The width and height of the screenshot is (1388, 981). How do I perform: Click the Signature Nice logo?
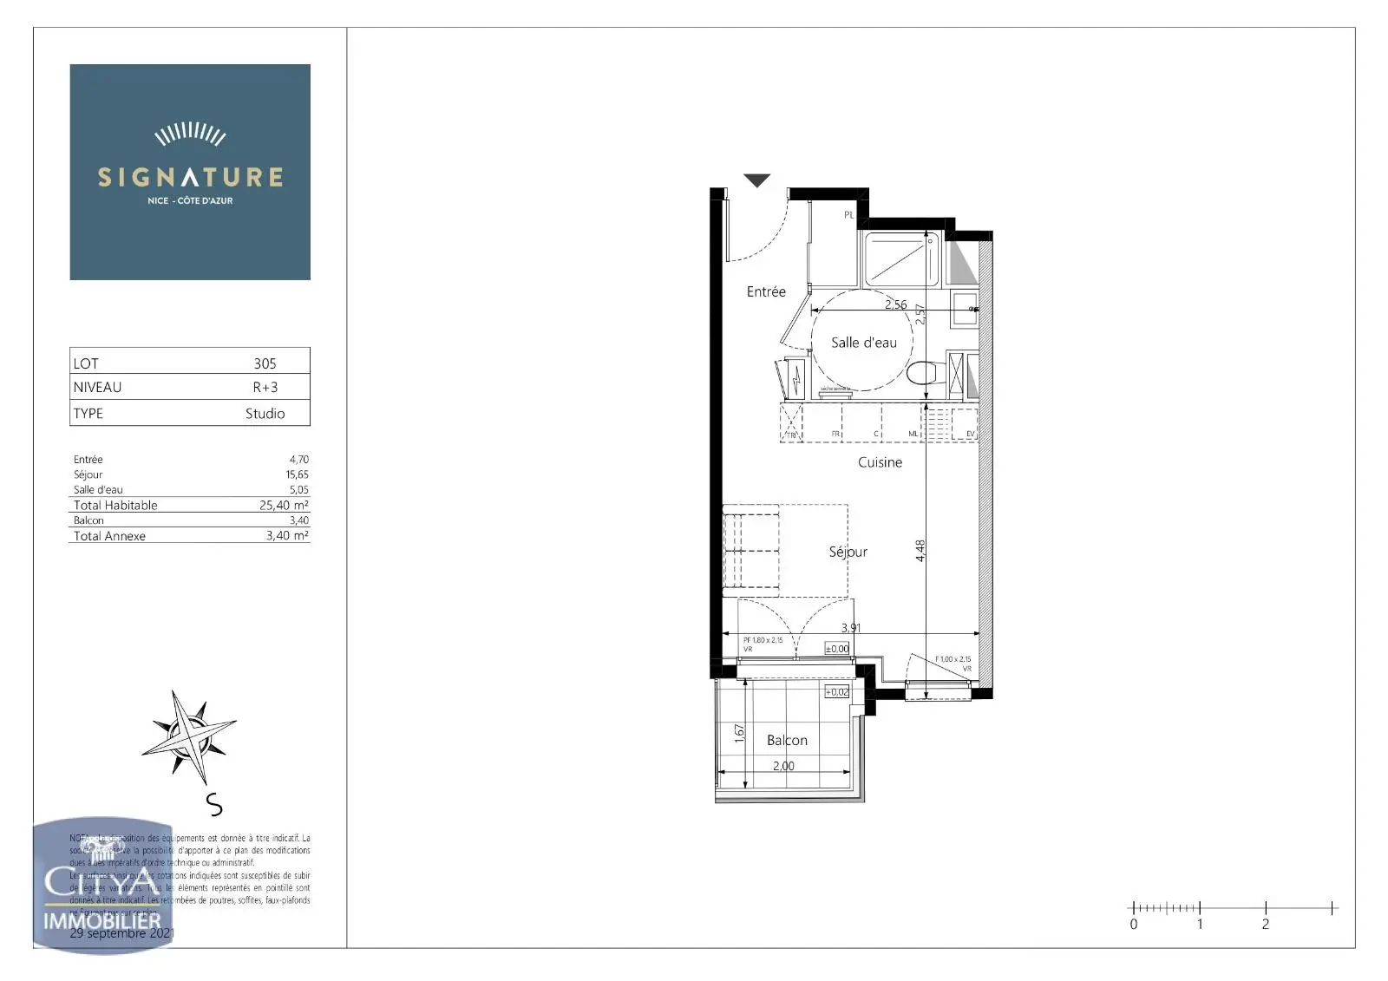190,172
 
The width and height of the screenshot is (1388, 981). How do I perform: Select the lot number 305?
265,363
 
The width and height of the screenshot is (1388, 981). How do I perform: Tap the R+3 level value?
265,388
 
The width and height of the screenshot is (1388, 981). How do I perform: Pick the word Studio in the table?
265,414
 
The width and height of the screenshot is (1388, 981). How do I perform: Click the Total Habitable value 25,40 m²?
284,505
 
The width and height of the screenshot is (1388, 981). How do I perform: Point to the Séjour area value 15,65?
298,474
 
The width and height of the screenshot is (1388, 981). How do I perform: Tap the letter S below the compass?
214,805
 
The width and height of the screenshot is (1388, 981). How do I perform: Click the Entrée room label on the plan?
766,292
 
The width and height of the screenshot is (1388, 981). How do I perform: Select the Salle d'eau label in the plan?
863,343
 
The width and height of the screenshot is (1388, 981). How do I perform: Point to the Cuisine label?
880,462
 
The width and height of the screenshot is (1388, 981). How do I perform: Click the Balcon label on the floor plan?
787,740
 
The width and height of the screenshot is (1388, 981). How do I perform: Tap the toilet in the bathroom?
922,373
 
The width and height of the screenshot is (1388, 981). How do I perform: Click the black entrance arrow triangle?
756,180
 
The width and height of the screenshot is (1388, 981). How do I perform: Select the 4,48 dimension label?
920,551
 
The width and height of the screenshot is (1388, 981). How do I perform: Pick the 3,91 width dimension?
851,627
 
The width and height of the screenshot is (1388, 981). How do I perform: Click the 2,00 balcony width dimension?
783,766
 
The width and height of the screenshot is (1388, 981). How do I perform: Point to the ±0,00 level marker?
836,649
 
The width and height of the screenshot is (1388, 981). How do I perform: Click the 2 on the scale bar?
1266,925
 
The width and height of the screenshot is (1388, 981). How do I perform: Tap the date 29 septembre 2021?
122,933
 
